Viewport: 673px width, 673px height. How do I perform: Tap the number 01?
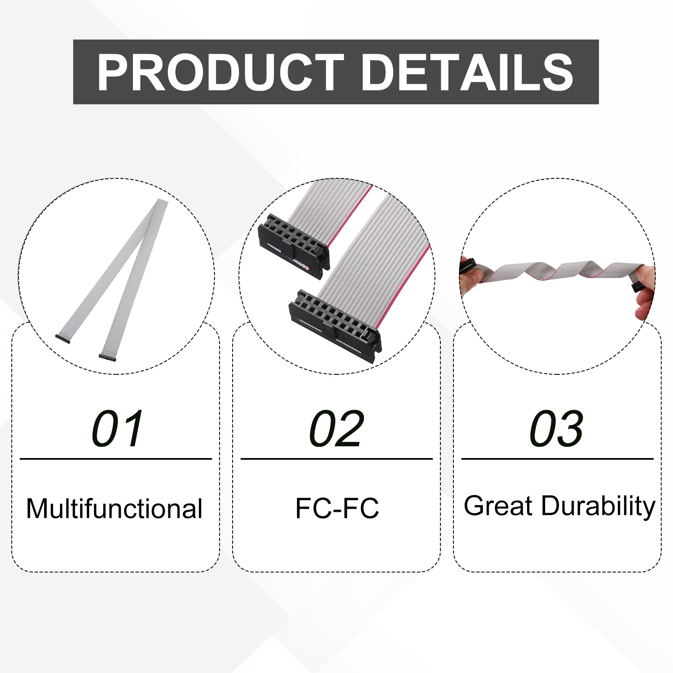(117, 429)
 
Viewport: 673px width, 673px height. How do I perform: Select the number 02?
(336, 429)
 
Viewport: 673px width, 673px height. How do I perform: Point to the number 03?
(556, 429)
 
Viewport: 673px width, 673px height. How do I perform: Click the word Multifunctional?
(114, 509)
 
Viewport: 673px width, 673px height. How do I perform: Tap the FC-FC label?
(337, 508)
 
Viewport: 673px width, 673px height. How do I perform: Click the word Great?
(498, 506)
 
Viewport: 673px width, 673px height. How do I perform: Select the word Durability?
(598, 506)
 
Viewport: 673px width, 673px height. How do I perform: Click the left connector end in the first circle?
(63, 338)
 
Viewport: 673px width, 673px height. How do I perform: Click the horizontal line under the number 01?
(116, 459)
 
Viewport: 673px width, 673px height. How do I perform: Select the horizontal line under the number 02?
(336, 459)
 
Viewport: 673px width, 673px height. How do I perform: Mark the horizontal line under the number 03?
(557, 459)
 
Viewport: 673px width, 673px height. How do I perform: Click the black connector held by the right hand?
(636, 287)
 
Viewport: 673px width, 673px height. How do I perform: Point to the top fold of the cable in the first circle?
(162, 203)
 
